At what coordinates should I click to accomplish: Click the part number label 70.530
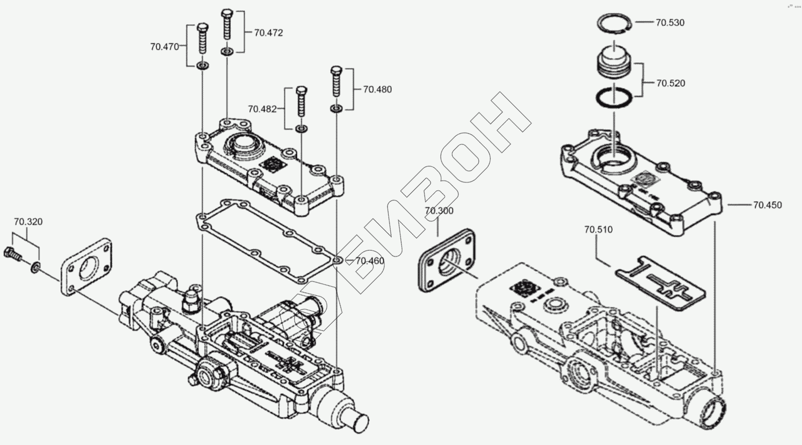(x=670, y=22)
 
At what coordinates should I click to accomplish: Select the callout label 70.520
(x=670, y=83)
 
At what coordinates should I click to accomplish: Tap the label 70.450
(x=767, y=205)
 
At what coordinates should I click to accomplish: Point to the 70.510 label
(x=598, y=229)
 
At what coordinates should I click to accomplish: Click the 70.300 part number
(x=439, y=211)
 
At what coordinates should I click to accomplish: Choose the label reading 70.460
(x=370, y=261)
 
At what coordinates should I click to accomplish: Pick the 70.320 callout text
(x=28, y=222)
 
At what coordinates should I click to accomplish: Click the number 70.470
(x=165, y=47)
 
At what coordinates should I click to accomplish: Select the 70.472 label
(x=268, y=33)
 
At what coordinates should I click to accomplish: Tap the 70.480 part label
(x=377, y=89)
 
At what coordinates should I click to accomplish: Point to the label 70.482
(x=262, y=109)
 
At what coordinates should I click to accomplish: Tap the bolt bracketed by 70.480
(x=337, y=81)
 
